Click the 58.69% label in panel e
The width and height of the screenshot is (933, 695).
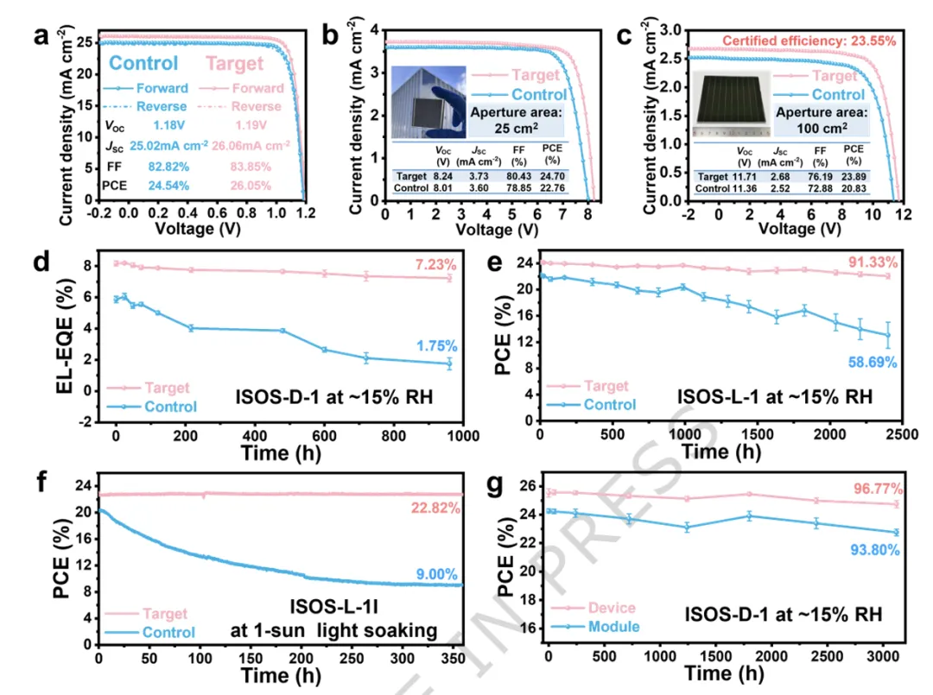(876, 363)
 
